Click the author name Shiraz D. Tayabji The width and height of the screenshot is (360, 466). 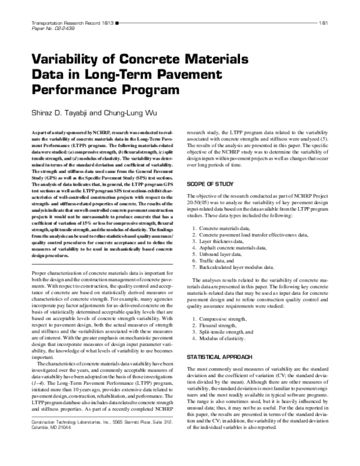click(57, 113)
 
